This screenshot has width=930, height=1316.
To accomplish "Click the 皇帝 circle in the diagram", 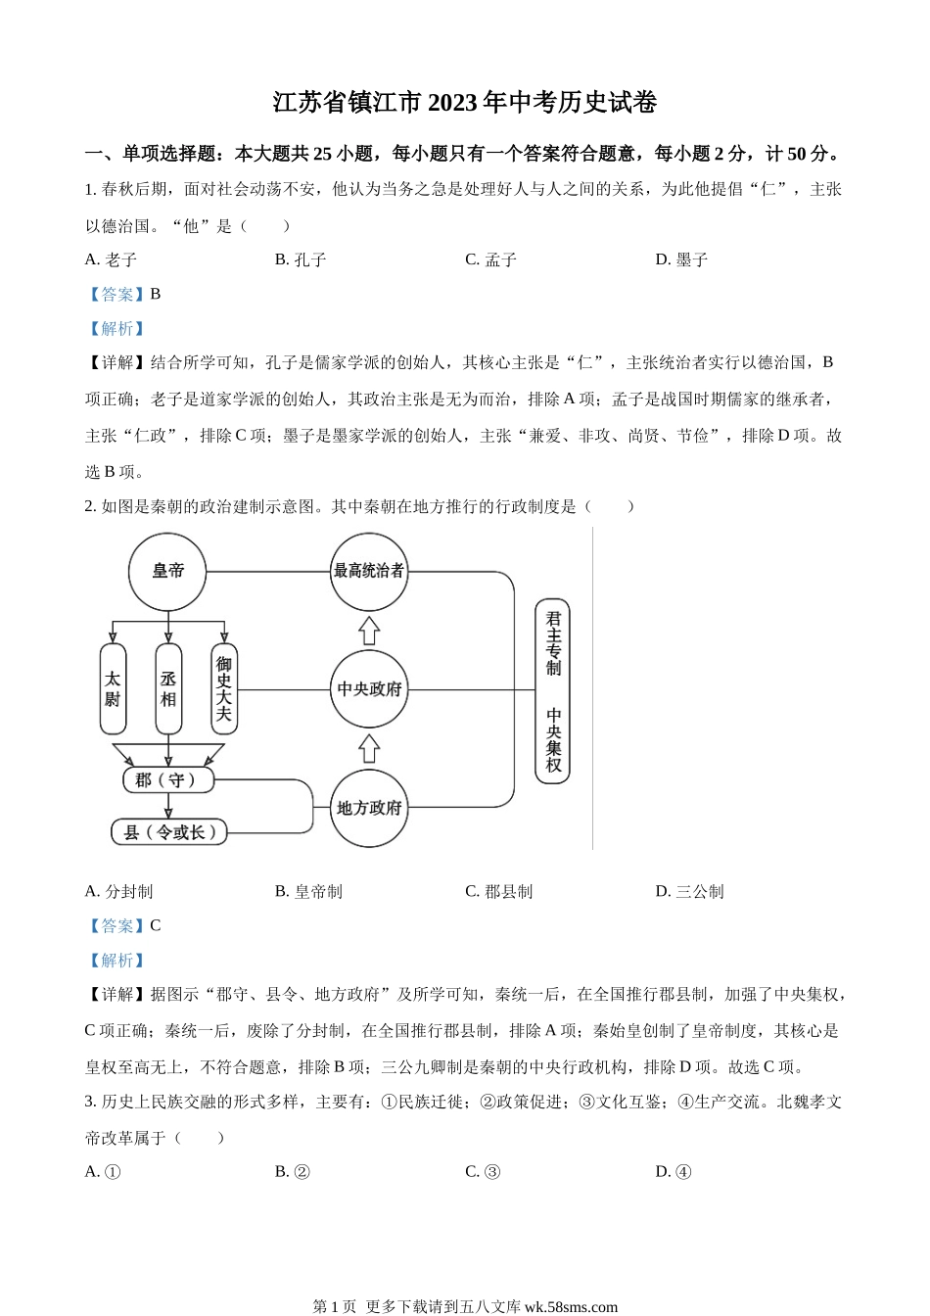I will pyautogui.click(x=167, y=572).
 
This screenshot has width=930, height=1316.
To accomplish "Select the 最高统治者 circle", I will pyautogui.click(x=368, y=571).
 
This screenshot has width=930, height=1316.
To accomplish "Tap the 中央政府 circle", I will pyautogui.click(x=368, y=689).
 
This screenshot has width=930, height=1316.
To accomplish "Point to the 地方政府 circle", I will pyautogui.click(x=368, y=809).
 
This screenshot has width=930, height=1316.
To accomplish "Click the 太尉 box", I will pyautogui.click(x=113, y=689).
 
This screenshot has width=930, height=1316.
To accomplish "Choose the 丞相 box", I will pyautogui.click(x=168, y=689).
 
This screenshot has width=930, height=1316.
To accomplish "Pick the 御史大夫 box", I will pyautogui.click(x=224, y=689).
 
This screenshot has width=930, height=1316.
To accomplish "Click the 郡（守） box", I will pyautogui.click(x=167, y=780).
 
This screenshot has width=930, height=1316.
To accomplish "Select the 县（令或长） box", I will pyautogui.click(x=169, y=832).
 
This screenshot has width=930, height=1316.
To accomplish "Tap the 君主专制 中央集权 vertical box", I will pyautogui.click(x=553, y=691).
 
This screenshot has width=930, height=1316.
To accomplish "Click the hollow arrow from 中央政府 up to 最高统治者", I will pyautogui.click(x=369, y=630).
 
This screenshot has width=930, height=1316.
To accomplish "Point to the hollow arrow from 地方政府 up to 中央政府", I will pyautogui.click(x=369, y=749).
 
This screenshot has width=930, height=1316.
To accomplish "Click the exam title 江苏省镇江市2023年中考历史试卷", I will pyautogui.click(x=465, y=103).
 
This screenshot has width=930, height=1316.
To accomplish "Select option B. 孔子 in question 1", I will pyautogui.click(x=301, y=259).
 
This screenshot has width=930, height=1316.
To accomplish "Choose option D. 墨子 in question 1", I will pyautogui.click(x=681, y=259).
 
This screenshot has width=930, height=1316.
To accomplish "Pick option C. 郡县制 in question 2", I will pyautogui.click(x=499, y=891).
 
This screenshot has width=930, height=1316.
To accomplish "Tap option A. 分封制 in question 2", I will pyautogui.click(x=119, y=891).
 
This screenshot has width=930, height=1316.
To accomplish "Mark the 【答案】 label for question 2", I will pyautogui.click(x=116, y=925).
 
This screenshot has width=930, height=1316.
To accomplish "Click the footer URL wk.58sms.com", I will pyautogui.click(x=572, y=1306).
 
